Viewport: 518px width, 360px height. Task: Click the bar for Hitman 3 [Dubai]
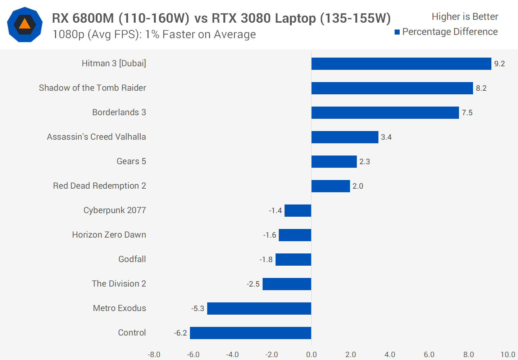tap(401, 64)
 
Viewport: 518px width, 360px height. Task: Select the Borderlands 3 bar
tap(385, 113)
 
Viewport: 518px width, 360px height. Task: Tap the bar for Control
tap(250, 333)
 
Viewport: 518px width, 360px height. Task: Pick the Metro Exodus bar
tap(259, 309)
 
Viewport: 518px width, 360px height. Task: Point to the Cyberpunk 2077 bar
tap(298, 211)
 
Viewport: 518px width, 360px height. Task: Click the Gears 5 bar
tap(334, 162)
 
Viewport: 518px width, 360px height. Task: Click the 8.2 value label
tap(481, 88)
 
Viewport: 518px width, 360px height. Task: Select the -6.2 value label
tap(181, 333)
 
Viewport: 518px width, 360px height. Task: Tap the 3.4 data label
tap(386, 137)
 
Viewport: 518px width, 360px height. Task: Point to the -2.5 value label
tap(253, 284)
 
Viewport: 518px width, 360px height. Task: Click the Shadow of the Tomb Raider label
tap(92, 88)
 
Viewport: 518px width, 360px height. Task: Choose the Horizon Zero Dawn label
tap(109, 235)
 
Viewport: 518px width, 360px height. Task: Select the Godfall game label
tap(132, 259)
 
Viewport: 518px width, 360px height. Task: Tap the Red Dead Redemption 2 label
tap(99, 186)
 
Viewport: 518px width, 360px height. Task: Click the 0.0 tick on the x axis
tap(311, 355)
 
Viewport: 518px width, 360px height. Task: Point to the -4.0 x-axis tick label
tap(232, 355)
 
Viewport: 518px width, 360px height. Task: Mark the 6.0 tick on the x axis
tap(429, 355)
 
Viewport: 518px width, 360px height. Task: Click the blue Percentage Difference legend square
tap(397, 32)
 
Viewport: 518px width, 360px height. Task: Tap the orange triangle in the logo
tap(24, 24)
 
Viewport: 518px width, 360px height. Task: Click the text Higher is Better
tap(465, 17)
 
